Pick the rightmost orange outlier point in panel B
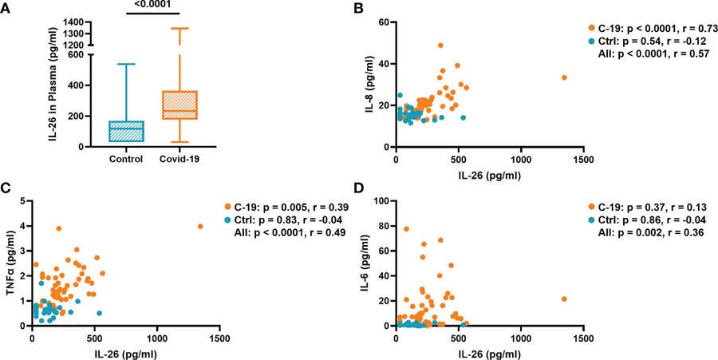564,77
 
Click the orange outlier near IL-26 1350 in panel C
200,227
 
